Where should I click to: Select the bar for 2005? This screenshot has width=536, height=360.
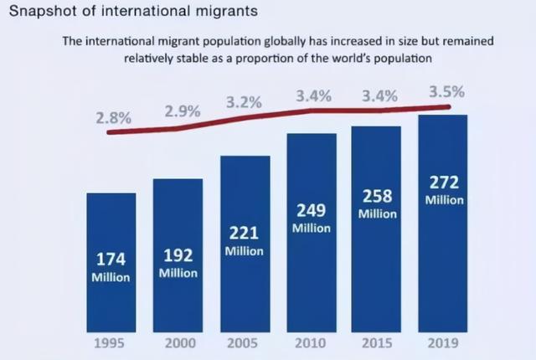(x=245, y=243)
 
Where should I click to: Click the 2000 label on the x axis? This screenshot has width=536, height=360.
(x=178, y=343)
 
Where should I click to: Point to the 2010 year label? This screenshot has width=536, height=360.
(x=311, y=343)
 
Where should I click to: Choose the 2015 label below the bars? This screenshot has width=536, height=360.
(x=376, y=343)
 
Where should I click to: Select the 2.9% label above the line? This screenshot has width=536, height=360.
(x=182, y=111)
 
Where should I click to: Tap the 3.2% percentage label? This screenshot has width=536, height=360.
(x=244, y=103)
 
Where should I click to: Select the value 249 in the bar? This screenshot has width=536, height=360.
(x=312, y=210)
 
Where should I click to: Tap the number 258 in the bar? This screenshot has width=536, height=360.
(x=377, y=197)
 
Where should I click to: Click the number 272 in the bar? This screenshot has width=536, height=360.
(x=443, y=183)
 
